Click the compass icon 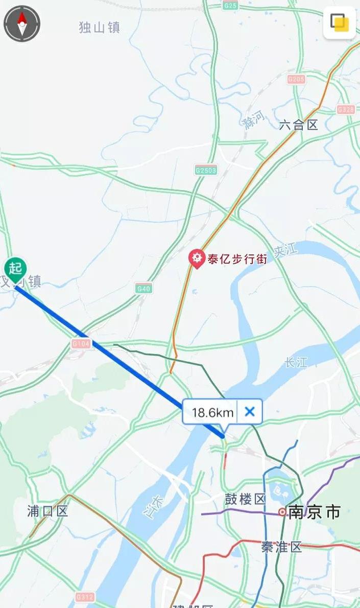pos(22,24)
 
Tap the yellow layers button pos(339,22)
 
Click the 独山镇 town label pos(100,28)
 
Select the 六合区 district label pos(299,125)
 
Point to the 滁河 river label pos(254,120)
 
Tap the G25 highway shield pos(230,5)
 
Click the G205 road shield pos(296,79)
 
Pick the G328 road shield pos(346,109)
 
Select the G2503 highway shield pos(205,170)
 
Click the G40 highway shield pos(144,289)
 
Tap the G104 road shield pos(81,344)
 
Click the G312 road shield pos(85,596)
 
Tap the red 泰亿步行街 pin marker pos(196,258)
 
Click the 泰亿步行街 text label pos(237,259)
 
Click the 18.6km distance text pos(213,412)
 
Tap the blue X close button pos(250,411)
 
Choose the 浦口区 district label pos(47,511)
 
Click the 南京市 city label pos(314,512)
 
